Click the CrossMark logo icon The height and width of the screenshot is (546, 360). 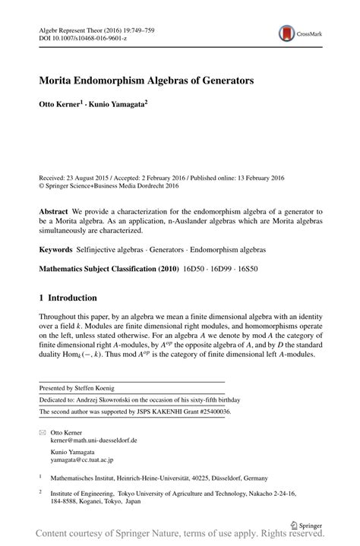pos(287,33)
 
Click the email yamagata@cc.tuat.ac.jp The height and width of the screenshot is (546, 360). pos(82,459)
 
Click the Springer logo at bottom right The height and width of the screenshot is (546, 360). pos(305,523)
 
